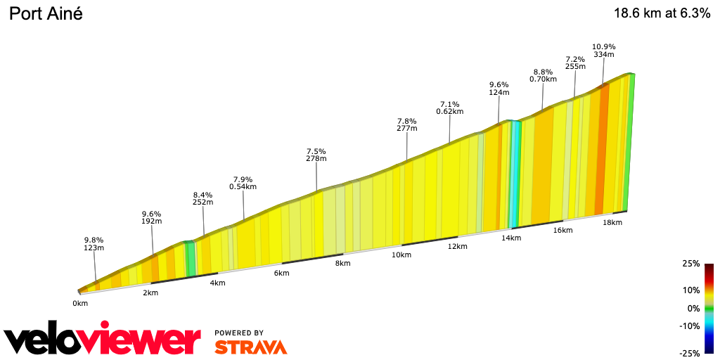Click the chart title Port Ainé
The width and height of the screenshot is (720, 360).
click(46, 13)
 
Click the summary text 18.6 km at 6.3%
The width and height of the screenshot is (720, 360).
click(662, 13)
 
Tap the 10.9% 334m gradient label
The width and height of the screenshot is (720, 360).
click(603, 50)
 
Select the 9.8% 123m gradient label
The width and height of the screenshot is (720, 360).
click(94, 243)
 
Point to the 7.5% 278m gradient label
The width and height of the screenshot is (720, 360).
click(316, 155)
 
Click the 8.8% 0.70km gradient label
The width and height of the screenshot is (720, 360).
click(543, 75)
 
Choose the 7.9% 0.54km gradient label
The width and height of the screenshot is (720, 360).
click(243, 183)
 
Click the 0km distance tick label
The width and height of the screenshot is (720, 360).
click(80, 303)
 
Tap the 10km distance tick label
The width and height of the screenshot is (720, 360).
click(401, 255)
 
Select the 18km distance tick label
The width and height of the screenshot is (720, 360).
click(612, 222)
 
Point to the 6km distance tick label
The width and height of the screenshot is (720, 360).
click(282, 273)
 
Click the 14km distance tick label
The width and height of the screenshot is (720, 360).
click(511, 238)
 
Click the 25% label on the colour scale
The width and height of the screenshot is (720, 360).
click(691, 264)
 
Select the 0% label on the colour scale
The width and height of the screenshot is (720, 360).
click(693, 308)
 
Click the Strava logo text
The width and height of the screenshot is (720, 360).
click(250, 347)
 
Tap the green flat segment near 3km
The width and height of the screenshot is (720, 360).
click(190, 258)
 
